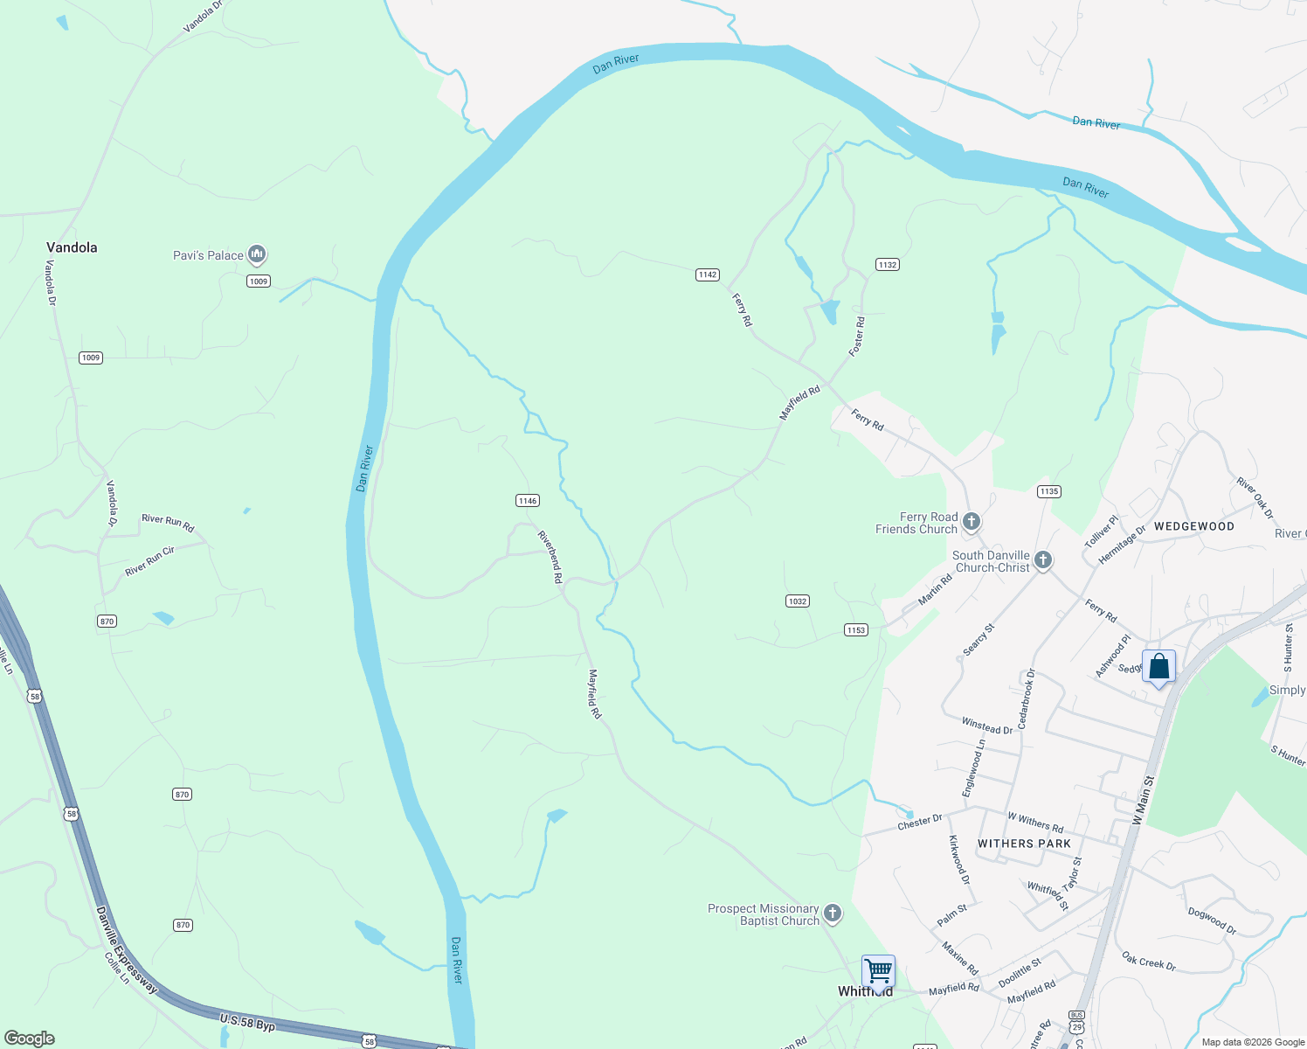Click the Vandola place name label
(x=72, y=247)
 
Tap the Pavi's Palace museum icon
(x=257, y=254)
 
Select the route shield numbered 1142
(x=708, y=274)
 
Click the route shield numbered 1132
(x=888, y=264)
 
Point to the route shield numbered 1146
(x=528, y=501)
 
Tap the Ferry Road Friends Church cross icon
(x=972, y=523)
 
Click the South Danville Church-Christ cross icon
(x=1043, y=560)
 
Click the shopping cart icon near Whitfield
(x=878, y=970)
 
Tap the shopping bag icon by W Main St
(x=1158, y=666)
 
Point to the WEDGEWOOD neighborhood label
(x=1194, y=526)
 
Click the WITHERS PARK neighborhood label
(x=1024, y=844)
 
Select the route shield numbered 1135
(x=1049, y=491)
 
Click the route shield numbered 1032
(x=798, y=601)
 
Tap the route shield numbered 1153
(x=856, y=630)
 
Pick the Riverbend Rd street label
(x=550, y=557)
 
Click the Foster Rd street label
(x=858, y=337)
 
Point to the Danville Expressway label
(x=126, y=950)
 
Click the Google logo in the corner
(x=30, y=1038)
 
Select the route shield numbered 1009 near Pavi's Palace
(x=259, y=281)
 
